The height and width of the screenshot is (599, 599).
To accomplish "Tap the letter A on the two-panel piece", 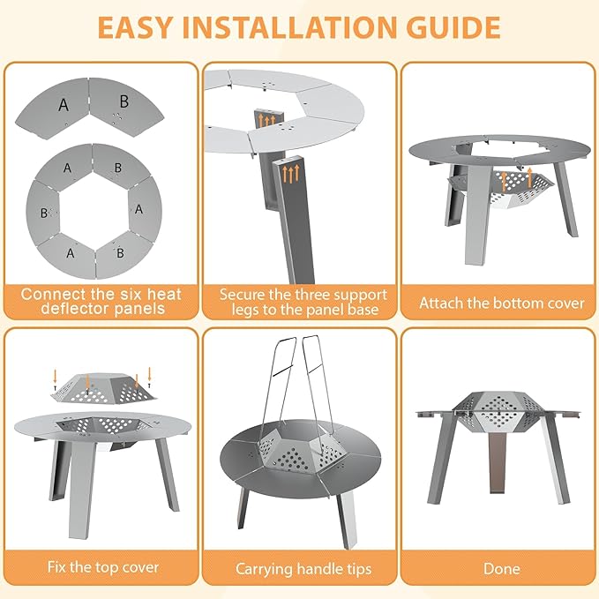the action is pyautogui.click(x=64, y=105).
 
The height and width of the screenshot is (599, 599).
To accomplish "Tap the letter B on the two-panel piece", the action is pyautogui.click(x=124, y=101).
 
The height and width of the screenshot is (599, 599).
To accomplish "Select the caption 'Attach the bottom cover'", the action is pyautogui.click(x=502, y=303).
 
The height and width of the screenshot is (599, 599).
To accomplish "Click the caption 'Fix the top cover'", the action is pyautogui.click(x=102, y=567).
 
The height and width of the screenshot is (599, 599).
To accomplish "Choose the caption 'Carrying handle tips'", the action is pyautogui.click(x=303, y=569).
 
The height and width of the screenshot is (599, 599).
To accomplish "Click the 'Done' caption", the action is pyautogui.click(x=502, y=568).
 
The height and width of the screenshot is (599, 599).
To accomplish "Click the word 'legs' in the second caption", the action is pyautogui.click(x=245, y=310).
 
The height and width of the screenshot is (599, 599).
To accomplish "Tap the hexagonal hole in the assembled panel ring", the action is pyautogui.click(x=94, y=209).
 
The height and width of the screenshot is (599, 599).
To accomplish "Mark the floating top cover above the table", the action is pyautogui.click(x=103, y=388).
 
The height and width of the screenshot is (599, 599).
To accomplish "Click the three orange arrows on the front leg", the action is pyautogui.click(x=291, y=174).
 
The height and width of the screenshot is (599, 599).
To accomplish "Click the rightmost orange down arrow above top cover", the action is pyautogui.click(x=149, y=378).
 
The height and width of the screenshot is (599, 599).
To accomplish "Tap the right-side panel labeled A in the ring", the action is pyautogui.click(x=145, y=209).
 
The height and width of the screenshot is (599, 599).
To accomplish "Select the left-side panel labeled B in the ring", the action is pyautogui.click(x=43, y=211).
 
